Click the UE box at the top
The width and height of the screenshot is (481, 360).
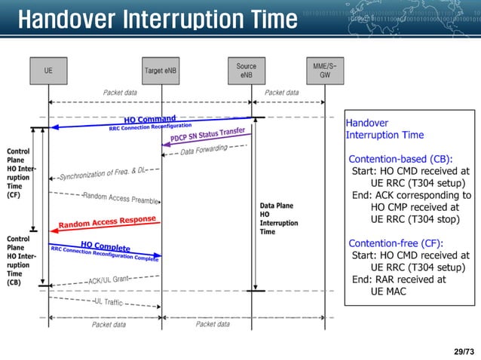49,72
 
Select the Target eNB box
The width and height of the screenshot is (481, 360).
160,72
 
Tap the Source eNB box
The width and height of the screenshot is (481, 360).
246,71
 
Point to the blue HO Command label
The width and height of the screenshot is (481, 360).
150,119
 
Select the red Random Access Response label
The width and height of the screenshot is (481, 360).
107,222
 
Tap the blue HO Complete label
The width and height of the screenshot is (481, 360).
106,246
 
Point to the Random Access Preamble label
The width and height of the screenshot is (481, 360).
121,197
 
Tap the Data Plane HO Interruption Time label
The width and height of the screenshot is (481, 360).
278,218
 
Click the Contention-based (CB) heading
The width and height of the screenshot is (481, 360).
400,159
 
